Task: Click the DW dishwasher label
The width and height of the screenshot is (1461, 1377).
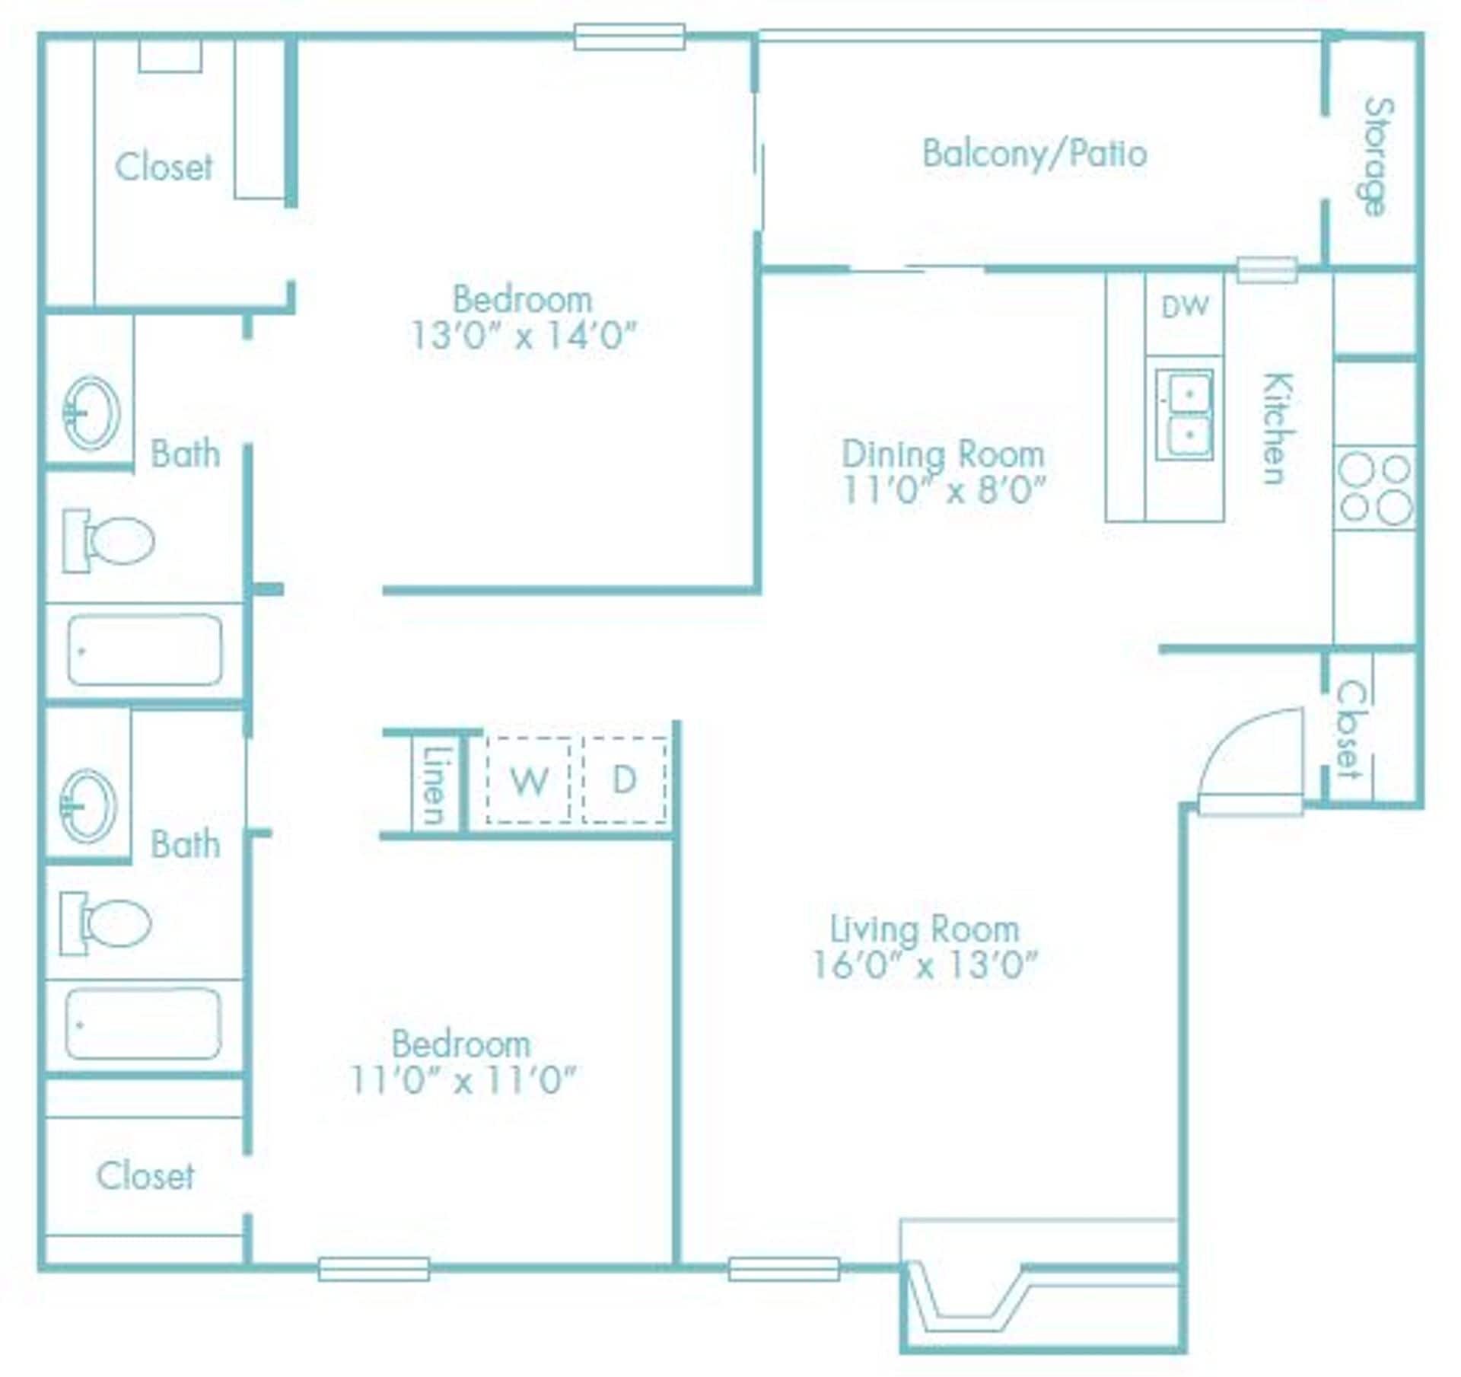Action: (x=1185, y=307)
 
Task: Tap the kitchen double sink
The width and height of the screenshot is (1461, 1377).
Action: (x=1184, y=415)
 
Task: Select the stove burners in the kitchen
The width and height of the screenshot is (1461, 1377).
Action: (x=1374, y=488)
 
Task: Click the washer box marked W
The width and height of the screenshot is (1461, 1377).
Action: (x=529, y=780)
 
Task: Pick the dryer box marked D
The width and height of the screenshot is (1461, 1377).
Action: (x=625, y=780)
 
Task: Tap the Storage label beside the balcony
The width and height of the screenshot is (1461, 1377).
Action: (x=1377, y=157)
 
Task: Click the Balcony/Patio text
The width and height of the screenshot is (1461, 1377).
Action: (x=1034, y=154)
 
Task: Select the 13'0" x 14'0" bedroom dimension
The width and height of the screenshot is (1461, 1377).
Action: (x=523, y=335)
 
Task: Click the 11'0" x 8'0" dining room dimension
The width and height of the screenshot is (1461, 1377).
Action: (x=944, y=489)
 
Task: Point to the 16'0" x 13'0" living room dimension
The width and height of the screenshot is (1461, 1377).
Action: (x=925, y=965)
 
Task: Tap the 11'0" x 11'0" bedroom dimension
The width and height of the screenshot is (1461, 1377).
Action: (x=463, y=1079)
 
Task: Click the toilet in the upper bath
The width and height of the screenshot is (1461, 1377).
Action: (x=110, y=540)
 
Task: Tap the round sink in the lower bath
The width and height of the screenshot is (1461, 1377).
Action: (x=88, y=805)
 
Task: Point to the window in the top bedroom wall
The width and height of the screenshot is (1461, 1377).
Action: (x=629, y=37)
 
